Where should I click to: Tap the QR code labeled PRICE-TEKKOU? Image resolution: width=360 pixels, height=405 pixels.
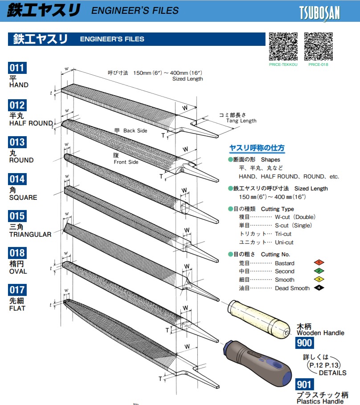(x=283, y=46)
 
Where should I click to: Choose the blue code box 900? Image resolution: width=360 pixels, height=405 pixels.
(x=304, y=342)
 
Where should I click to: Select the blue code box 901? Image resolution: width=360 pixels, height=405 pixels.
(x=304, y=384)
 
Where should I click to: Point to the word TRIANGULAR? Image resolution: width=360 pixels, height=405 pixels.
(x=30, y=235)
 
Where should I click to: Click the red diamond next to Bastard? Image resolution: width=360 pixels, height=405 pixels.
(x=319, y=263)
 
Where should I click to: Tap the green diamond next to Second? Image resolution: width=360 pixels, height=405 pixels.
(x=319, y=271)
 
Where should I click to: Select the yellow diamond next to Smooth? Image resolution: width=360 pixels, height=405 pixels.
(x=319, y=279)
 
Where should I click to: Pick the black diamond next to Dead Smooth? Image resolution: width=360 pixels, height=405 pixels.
(x=319, y=288)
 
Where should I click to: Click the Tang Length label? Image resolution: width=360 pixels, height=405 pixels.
(x=241, y=121)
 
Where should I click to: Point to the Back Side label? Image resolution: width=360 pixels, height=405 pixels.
(x=135, y=131)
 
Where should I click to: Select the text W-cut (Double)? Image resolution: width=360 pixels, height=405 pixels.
(x=295, y=217)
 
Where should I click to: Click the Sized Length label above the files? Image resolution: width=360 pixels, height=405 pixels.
(x=188, y=79)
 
